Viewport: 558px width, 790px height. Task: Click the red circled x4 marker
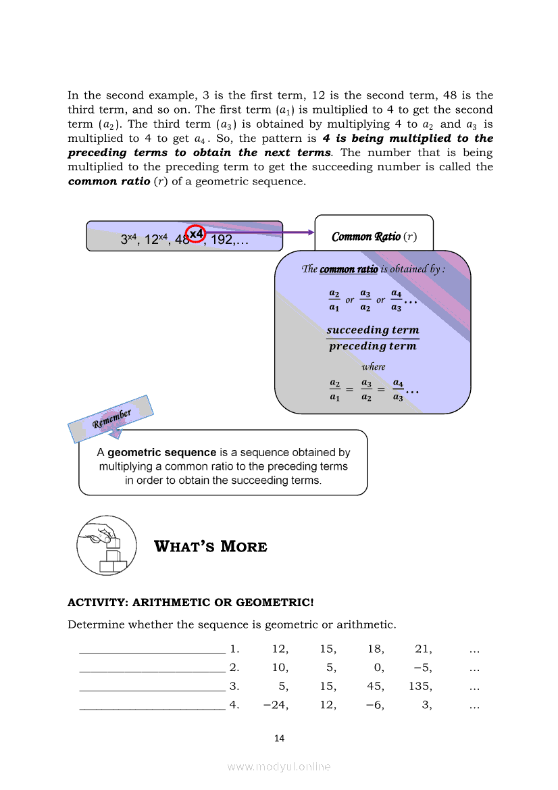[196, 234]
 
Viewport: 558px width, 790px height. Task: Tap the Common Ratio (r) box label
[374, 237]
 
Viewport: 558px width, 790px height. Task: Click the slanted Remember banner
[111, 417]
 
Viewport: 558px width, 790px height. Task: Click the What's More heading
[211, 546]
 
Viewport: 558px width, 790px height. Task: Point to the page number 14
[279, 738]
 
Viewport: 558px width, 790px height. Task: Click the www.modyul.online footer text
[279, 766]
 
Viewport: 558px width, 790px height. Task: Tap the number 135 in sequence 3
[420, 687]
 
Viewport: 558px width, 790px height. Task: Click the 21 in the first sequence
[424, 649]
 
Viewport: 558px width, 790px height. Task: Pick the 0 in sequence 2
[379, 668]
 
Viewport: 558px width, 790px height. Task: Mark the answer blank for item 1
[153, 651]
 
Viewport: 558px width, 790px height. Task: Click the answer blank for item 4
[153, 708]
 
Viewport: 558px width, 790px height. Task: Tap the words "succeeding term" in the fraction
[372, 330]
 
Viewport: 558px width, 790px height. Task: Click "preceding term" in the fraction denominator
[372, 346]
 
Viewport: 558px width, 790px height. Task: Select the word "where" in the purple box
[374, 367]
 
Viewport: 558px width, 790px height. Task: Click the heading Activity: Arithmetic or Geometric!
[191, 602]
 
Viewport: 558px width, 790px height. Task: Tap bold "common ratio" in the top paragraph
[109, 181]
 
